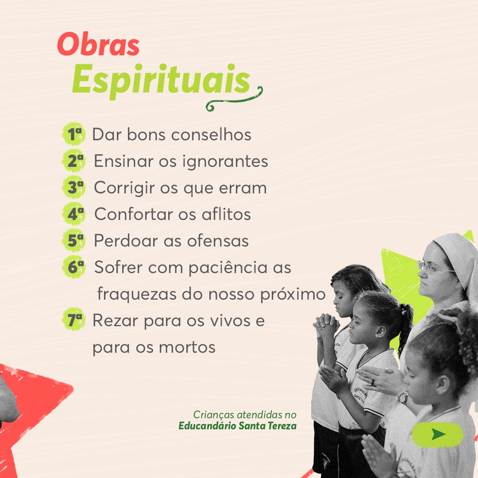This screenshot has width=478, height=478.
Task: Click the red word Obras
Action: pos(98,45)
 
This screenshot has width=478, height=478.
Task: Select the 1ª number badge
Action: pos(74,134)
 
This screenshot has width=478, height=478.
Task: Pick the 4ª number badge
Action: pos(74,213)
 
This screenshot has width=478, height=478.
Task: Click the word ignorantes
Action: pos(225,162)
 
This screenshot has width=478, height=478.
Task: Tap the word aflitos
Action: pos(226,214)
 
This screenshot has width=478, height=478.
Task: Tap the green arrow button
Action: pos(437,435)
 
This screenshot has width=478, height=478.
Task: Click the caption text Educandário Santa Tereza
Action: pos(238,426)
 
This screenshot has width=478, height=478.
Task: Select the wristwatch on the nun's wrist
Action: pos(403,397)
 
